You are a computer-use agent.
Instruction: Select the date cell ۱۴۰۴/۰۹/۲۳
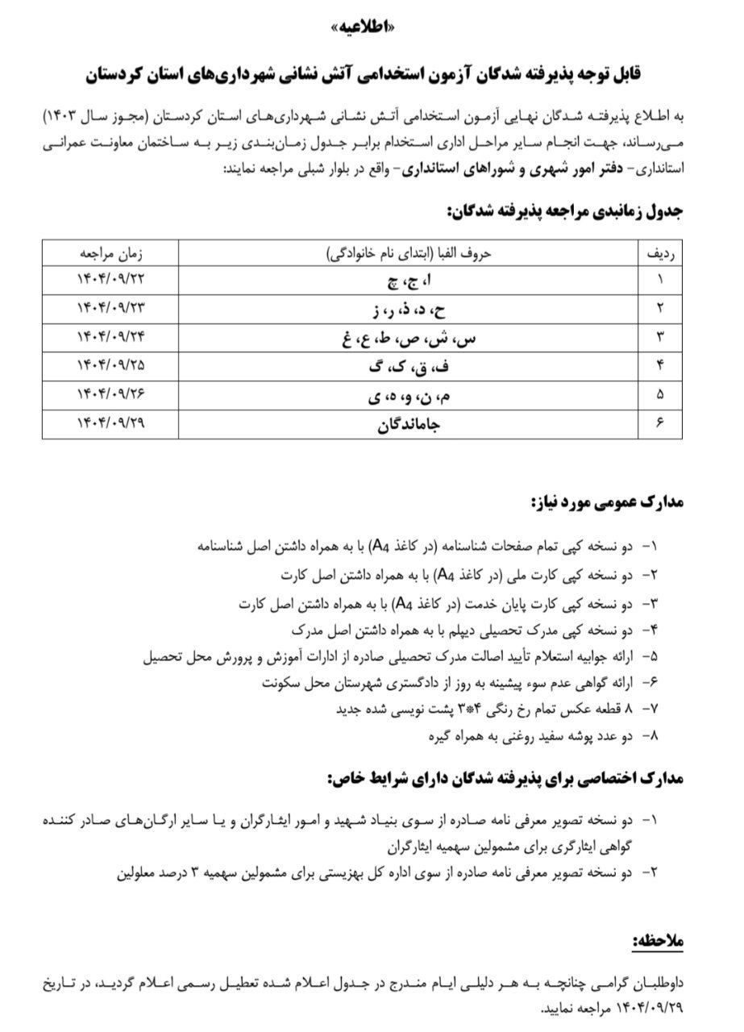click(110, 308)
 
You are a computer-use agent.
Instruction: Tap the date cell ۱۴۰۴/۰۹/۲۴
click(110, 337)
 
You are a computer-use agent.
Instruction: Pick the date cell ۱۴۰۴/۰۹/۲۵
click(110, 366)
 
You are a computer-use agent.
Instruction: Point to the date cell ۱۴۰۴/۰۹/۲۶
click(110, 395)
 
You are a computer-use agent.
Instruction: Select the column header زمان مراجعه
click(110, 252)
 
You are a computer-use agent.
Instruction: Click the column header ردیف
click(662, 252)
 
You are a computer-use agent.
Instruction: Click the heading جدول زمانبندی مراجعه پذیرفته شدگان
click(564, 211)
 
